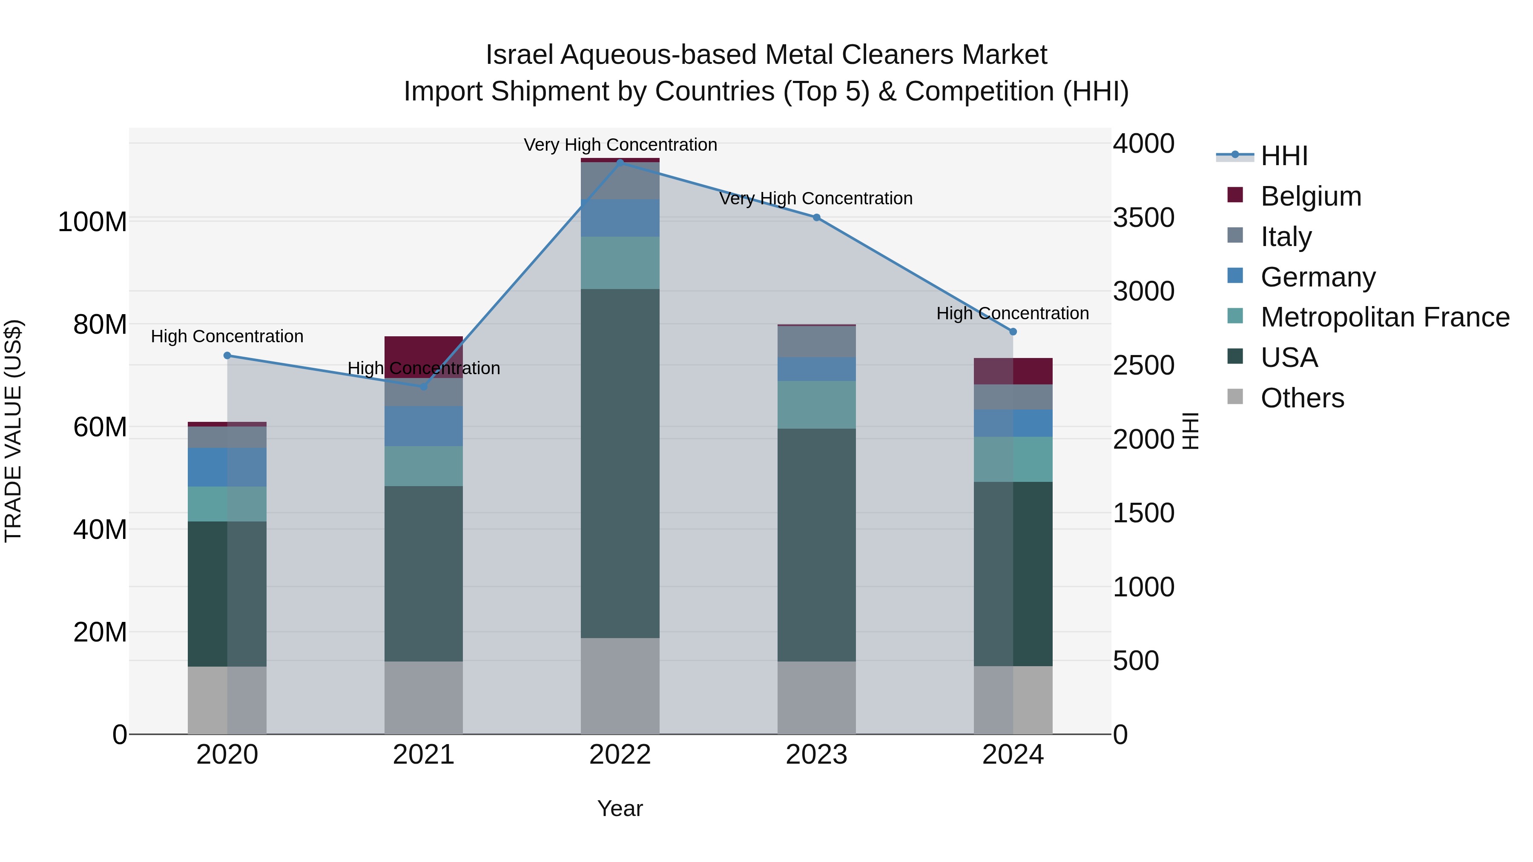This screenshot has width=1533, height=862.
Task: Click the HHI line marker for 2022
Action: tap(620, 163)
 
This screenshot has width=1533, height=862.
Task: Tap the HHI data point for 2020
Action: tap(227, 356)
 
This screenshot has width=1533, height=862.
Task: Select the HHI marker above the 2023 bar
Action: tap(816, 218)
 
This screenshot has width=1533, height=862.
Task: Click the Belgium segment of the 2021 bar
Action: tap(424, 351)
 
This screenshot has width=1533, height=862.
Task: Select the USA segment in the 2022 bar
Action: tap(620, 464)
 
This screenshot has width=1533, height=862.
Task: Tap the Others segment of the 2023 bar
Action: tap(816, 697)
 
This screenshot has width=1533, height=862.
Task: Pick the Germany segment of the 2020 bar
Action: tap(227, 467)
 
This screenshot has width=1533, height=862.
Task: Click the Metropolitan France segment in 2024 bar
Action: tap(1013, 459)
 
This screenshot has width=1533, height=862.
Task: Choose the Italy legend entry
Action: tap(1286, 237)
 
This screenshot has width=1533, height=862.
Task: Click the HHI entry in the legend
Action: tap(1283, 156)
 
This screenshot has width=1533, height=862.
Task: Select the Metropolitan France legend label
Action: tap(1384, 318)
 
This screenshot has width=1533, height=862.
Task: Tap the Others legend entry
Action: tap(1302, 398)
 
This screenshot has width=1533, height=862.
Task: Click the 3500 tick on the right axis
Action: tap(1144, 218)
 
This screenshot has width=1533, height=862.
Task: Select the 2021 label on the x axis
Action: tap(424, 755)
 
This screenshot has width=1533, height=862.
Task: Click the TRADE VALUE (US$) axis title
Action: tap(13, 431)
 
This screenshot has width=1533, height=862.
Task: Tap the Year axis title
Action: tap(620, 808)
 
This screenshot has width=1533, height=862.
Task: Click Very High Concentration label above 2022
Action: tap(620, 145)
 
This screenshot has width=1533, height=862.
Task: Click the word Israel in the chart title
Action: tap(520, 55)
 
